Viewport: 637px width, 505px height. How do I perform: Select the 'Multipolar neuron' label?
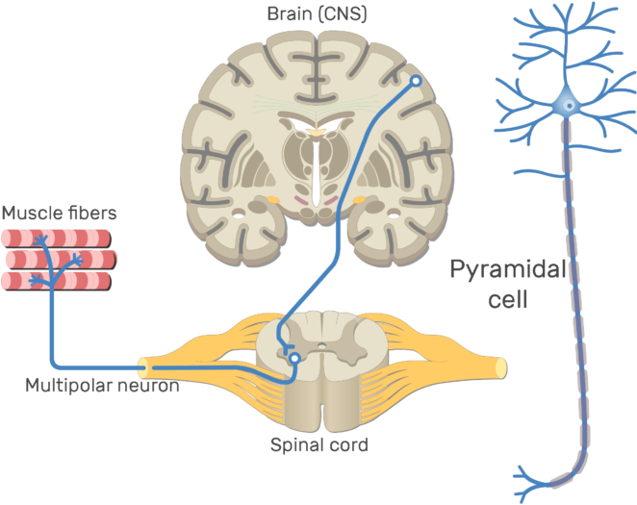click(102, 386)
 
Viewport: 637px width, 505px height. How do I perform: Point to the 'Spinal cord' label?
click(318, 445)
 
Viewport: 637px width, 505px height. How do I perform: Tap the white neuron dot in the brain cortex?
click(416, 83)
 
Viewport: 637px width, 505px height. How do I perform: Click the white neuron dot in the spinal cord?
click(294, 359)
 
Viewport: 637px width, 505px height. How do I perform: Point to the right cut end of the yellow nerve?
click(501, 366)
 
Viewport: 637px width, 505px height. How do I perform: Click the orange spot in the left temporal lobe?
click(273, 201)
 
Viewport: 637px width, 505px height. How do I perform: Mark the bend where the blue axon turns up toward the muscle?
click(54, 364)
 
